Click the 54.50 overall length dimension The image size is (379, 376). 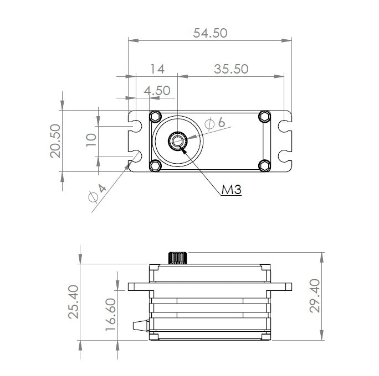[210, 33]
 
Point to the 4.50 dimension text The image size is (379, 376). [157, 90]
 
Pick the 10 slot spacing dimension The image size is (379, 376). [92, 137]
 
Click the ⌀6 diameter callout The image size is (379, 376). [214, 123]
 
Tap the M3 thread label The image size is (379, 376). [232, 191]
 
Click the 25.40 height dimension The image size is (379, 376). [73, 301]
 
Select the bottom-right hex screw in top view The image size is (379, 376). [265, 165]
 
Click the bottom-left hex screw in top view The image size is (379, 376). [155, 165]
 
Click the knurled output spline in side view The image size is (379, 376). [177, 258]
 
